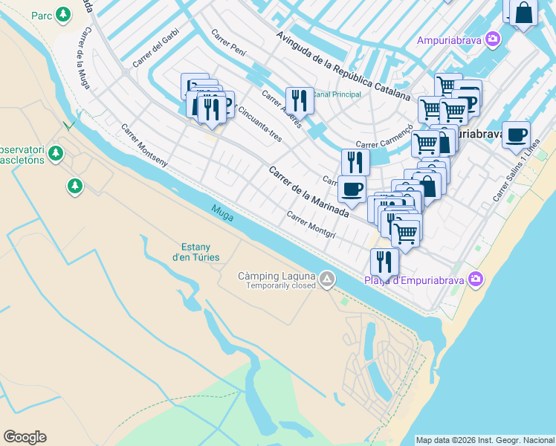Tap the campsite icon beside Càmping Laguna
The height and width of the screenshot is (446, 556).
(x=328, y=279)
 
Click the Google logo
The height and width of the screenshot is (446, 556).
(x=25, y=437)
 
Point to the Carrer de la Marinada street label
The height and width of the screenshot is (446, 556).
(x=308, y=191)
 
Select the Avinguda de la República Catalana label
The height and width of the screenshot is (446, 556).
(x=343, y=65)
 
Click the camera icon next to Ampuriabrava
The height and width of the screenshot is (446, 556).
(x=492, y=39)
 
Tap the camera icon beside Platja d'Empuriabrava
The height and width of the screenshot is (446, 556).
(x=476, y=279)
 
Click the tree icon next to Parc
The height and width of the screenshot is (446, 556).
(x=64, y=14)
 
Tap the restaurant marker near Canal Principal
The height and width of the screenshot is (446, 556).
(x=300, y=99)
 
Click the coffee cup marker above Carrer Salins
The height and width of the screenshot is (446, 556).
(x=516, y=135)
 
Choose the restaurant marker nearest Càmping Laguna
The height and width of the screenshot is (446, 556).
(x=384, y=261)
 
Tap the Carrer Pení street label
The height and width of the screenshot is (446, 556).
(x=228, y=45)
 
